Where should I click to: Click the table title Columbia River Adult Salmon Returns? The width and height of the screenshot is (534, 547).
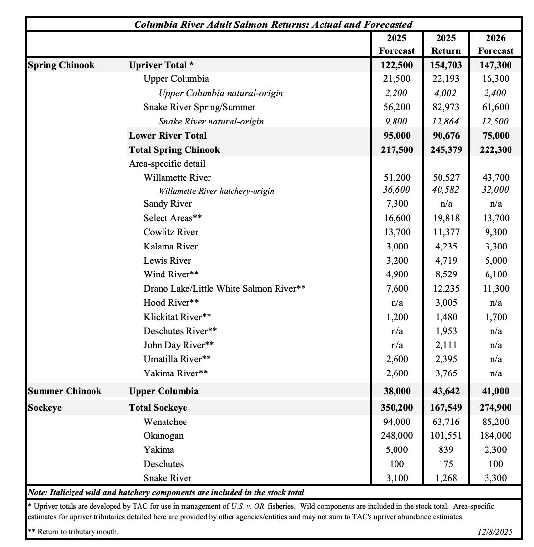(x=273, y=24)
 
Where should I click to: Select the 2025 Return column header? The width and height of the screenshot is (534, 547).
(x=445, y=44)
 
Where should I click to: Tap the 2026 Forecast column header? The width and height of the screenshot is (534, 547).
(x=495, y=44)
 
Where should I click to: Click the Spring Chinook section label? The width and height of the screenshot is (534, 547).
(x=61, y=65)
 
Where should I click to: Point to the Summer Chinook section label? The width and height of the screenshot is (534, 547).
(x=65, y=391)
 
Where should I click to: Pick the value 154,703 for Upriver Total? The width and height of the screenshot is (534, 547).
(x=445, y=65)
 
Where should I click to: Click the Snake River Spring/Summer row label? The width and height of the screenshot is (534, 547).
(x=199, y=107)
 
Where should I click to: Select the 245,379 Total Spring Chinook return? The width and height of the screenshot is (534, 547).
(x=445, y=149)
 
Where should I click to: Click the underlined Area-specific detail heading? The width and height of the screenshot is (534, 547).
(x=167, y=164)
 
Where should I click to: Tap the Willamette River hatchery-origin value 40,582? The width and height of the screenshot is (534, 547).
(x=445, y=189)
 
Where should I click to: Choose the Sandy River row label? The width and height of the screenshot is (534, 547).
(x=168, y=203)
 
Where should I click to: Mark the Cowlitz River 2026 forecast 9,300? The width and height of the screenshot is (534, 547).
(x=496, y=232)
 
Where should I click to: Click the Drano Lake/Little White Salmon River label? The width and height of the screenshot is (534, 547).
(x=224, y=289)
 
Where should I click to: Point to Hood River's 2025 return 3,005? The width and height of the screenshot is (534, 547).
(x=445, y=302)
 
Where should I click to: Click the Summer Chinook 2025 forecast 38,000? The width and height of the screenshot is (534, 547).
(x=396, y=391)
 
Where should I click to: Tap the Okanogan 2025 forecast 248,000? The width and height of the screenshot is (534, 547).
(x=396, y=435)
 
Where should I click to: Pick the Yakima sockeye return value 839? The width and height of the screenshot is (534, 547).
(x=445, y=449)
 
